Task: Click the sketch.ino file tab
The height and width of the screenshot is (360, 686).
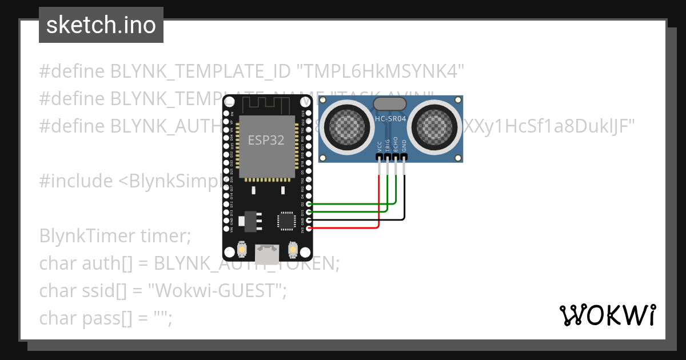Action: (x=101, y=25)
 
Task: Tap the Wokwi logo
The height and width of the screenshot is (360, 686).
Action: (x=607, y=315)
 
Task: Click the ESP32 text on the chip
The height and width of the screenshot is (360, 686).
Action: (x=266, y=140)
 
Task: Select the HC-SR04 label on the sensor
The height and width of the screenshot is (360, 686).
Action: (x=390, y=118)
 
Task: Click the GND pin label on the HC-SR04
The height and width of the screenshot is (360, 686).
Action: (x=404, y=146)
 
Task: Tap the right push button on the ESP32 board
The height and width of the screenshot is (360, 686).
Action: (x=293, y=250)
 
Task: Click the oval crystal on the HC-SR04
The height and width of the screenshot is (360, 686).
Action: (x=390, y=103)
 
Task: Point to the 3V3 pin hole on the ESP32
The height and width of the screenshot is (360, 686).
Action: (x=309, y=228)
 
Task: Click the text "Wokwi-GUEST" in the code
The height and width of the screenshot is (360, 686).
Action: (x=217, y=291)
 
